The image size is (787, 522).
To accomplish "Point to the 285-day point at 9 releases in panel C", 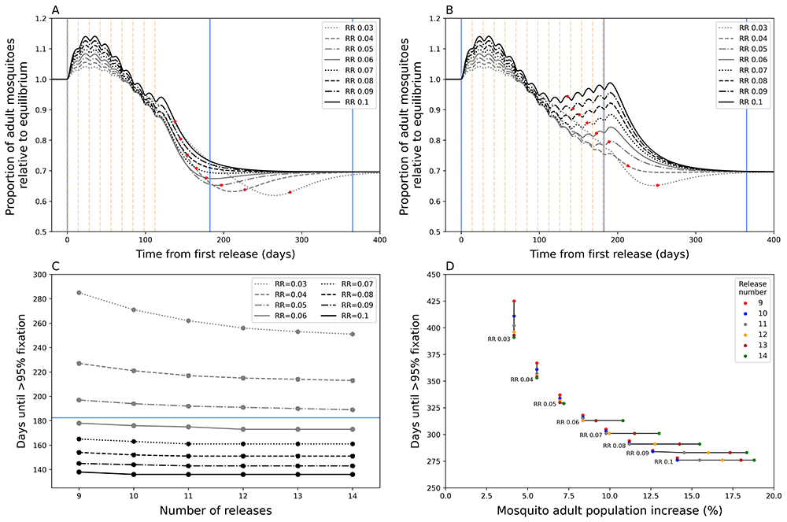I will [x=78, y=293].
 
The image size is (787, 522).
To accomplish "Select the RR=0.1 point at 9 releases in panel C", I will [x=78, y=472].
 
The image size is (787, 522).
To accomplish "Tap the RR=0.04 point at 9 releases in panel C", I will [x=78, y=363].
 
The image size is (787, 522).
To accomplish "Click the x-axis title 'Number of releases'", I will [x=215, y=511].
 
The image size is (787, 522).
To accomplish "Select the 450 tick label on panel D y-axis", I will [x=431, y=275].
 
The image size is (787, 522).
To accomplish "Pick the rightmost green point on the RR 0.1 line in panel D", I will [x=754, y=461].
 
